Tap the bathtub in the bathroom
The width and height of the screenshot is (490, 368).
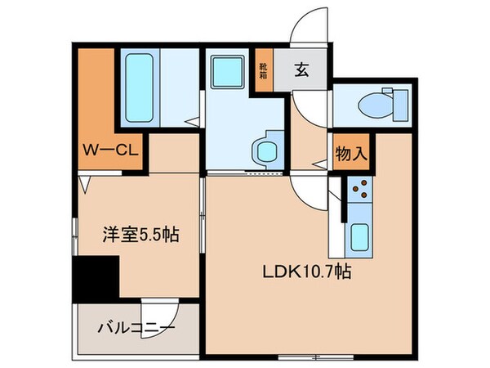tap(141, 88)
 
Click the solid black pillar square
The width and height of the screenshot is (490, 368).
tap(96, 278)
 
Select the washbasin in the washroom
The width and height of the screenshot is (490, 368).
tap(265, 150)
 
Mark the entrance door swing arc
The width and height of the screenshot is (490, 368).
tap(309, 25)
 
